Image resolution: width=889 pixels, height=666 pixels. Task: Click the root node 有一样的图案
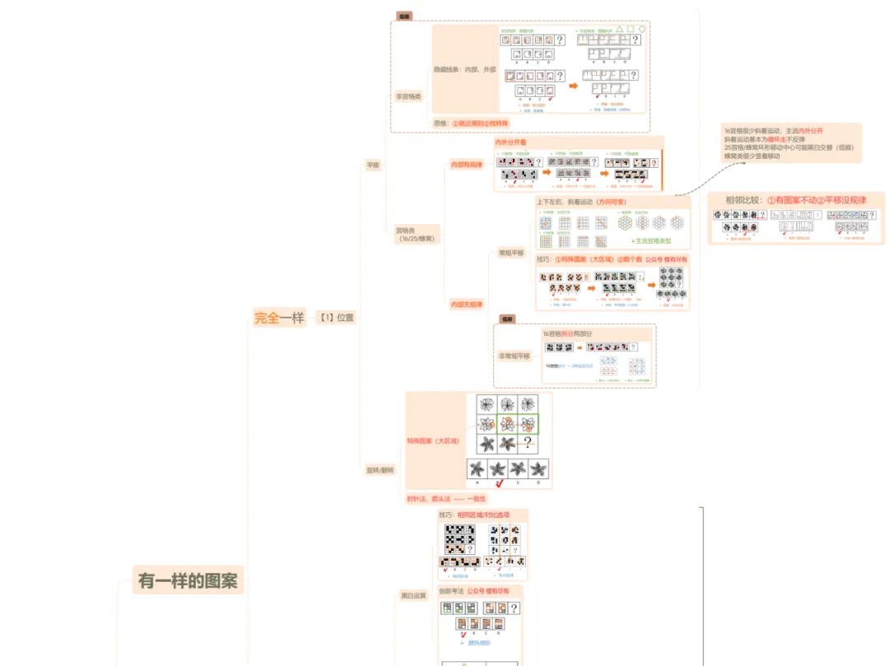click(x=188, y=580)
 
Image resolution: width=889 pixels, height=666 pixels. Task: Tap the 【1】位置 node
click(x=337, y=318)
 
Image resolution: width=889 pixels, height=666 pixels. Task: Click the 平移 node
click(x=373, y=165)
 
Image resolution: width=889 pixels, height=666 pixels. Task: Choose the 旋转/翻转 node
click(x=379, y=469)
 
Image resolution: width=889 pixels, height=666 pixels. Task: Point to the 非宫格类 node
click(x=408, y=96)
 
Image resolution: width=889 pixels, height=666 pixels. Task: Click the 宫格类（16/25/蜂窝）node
click(x=417, y=234)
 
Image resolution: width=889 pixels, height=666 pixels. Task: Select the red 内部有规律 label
click(x=466, y=165)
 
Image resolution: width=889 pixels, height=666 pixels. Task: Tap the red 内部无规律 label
click(x=466, y=305)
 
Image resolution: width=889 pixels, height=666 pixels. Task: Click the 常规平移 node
click(x=511, y=253)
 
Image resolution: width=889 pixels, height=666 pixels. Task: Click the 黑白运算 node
click(x=414, y=594)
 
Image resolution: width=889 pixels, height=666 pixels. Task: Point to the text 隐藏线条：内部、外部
click(x=464, y=70)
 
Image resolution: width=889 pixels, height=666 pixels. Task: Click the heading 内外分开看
click(x=510, y=142)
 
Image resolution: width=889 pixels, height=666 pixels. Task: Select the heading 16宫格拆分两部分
click(x=567, y=333)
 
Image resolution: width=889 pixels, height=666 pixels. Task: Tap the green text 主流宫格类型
click(x=652, y=241)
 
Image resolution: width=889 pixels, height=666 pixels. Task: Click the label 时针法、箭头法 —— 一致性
click(x=446, y=498)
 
